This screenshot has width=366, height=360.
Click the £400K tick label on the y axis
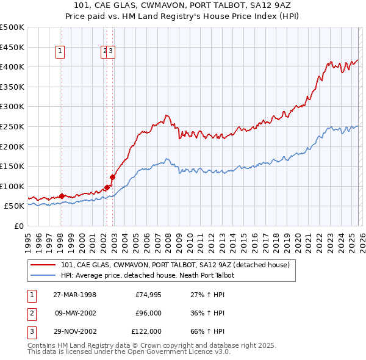point(12,67)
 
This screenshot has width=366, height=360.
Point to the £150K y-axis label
point(12,166)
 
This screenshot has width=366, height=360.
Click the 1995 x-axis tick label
point(28,241)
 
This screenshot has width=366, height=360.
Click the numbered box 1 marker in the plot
point(61,52)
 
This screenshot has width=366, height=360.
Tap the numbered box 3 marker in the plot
point(112,52)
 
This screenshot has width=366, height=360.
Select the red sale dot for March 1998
point(62,196)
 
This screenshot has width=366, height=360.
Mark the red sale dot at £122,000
point(113,177)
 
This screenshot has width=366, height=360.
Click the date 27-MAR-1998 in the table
point(75,295)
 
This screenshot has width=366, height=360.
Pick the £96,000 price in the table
point(148,313)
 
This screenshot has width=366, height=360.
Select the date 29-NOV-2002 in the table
point(75,331)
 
